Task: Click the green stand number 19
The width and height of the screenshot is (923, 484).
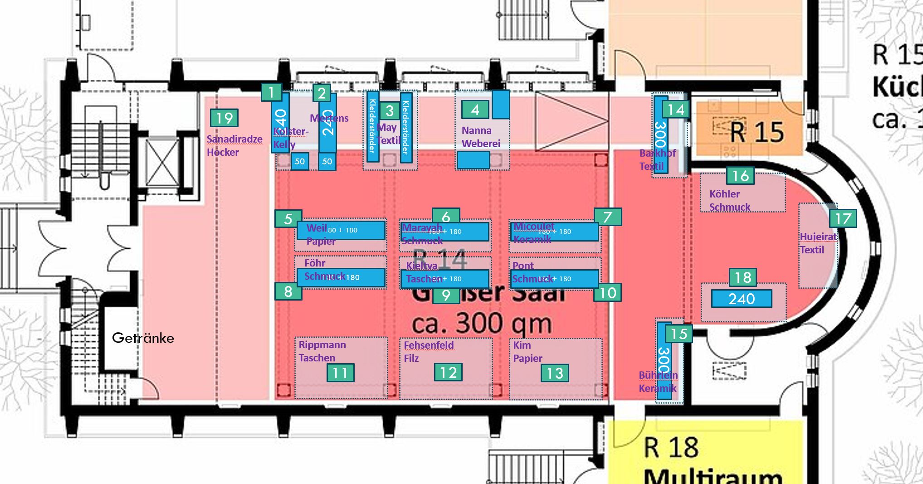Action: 224,118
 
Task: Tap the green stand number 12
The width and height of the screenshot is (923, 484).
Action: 448,372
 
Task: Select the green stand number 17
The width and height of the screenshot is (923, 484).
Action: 843,218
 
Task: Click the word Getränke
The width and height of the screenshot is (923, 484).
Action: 143,338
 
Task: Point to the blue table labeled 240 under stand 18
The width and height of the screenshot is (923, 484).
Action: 742,299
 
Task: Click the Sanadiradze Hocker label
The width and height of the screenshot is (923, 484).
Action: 234,145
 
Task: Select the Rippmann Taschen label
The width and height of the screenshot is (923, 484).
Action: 322,351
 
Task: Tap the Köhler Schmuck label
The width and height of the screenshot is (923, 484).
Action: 729,200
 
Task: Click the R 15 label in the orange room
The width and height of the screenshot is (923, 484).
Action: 757,132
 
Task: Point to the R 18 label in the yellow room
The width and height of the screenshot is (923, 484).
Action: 671,448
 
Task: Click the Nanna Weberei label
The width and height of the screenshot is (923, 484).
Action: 481,137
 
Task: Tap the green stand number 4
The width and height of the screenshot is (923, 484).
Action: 475,109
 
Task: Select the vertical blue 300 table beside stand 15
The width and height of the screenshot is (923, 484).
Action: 664,361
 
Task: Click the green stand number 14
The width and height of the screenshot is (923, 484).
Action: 676,109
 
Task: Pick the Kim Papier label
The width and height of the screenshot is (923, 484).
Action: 527,351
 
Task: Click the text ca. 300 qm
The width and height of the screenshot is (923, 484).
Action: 482,323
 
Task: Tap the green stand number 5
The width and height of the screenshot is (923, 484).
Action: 288,219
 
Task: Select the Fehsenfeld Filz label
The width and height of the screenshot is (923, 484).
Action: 428,351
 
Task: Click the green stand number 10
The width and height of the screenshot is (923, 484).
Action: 607,293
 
